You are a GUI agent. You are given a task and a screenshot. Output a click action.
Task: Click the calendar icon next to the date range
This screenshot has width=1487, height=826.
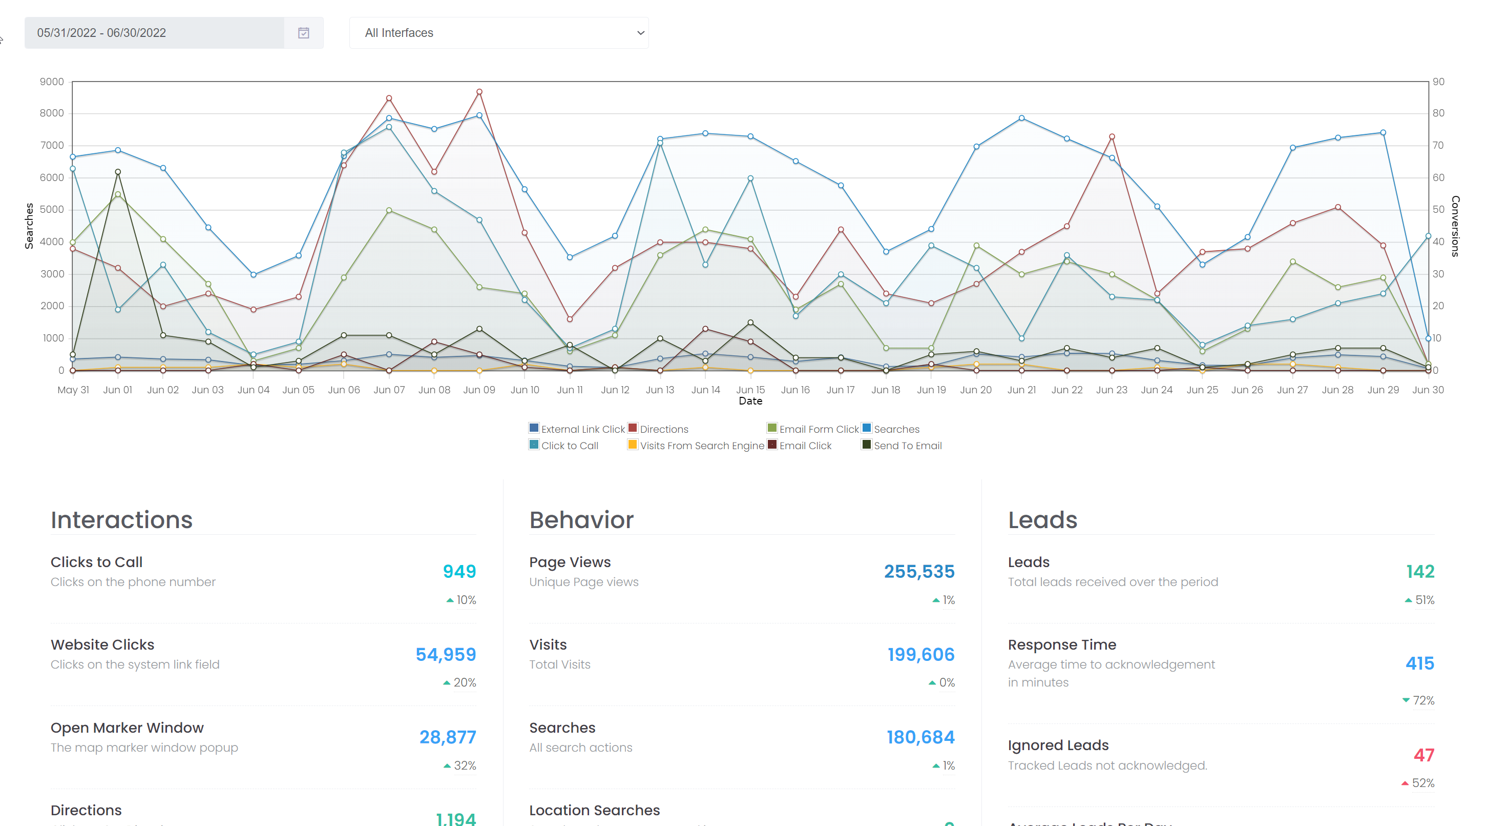click(x=303, y=33)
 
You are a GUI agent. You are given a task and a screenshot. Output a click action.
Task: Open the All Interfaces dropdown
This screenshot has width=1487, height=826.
click(x=498, y=33)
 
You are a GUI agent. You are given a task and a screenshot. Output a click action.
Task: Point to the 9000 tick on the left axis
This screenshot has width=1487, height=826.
click(x=52, y=82)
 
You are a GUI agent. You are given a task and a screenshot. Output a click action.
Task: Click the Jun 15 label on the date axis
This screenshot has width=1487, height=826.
click(x=750, y=390)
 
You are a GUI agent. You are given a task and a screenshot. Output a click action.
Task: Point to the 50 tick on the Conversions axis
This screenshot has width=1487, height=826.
click(x=1438, y=210)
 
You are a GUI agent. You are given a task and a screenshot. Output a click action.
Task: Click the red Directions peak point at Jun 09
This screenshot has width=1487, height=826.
click(x=479, y=92)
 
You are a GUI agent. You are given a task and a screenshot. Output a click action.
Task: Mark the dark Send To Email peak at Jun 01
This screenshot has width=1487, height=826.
click(x=118, y=172)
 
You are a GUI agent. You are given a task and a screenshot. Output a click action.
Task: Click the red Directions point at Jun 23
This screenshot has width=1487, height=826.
click(x=1112, y=137)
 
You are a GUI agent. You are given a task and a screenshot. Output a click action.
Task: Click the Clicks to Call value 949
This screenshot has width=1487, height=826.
click(x=459, y=571)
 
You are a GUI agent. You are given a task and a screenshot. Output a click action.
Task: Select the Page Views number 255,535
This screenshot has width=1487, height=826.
click(x=919, y=571)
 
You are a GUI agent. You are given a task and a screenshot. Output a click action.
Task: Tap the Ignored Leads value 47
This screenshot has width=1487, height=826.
click(x=1423, y=755)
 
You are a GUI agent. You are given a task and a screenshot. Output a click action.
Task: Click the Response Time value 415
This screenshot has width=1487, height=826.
click(x=1419, y=663)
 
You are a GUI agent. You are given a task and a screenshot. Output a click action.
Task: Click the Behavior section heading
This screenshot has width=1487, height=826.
click(x=581, y=520)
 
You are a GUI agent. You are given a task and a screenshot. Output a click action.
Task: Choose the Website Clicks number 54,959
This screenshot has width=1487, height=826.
click(x=446, y=654)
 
